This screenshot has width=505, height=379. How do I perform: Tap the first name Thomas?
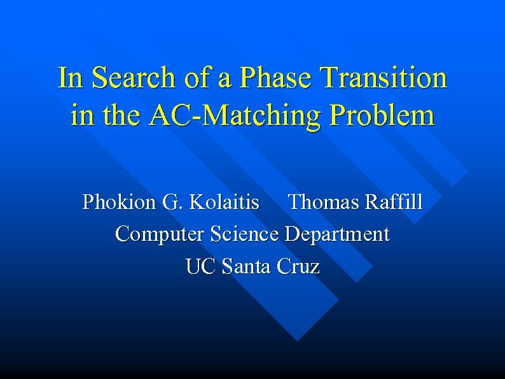[x=324, y=203]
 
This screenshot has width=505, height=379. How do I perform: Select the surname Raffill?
[x=394, y=203]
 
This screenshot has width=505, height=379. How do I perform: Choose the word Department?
[x=337, y=234]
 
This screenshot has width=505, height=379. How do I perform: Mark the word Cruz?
[x=298, y=266]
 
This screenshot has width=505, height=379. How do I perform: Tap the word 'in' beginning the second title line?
[x=80, y=117]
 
